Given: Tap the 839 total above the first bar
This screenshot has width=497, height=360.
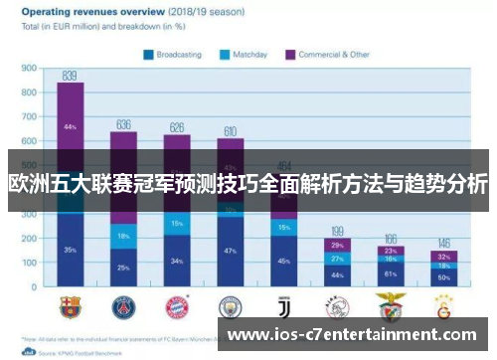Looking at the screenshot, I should [x=70, y=76].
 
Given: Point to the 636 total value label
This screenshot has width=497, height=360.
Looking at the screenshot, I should [x=123, y=124].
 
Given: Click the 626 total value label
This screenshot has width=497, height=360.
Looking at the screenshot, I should [x=177, y=127].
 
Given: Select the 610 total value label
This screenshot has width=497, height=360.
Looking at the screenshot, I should [x=230, y=131].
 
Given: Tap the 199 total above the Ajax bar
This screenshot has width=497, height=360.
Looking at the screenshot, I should [x=337, y=231].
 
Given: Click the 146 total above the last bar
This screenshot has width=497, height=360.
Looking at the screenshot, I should [x=443, y=244].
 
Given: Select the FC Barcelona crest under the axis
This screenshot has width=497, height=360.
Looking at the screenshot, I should [x=71, y=306].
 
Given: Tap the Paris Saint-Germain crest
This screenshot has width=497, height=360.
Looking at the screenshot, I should [x=123, y=306].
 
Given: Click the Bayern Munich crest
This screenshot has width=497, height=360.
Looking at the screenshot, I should [x=177, y=306].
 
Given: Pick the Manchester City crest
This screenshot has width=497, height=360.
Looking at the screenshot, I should [x=230, y=306].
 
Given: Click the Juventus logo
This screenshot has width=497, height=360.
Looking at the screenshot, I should [x=283, y=306].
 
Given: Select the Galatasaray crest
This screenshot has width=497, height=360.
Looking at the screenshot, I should [x=443, y=306].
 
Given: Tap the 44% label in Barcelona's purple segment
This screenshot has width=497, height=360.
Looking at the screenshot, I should [x=70, y=127].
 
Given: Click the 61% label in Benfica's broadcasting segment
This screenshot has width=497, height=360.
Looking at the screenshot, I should [x=391, y=273].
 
